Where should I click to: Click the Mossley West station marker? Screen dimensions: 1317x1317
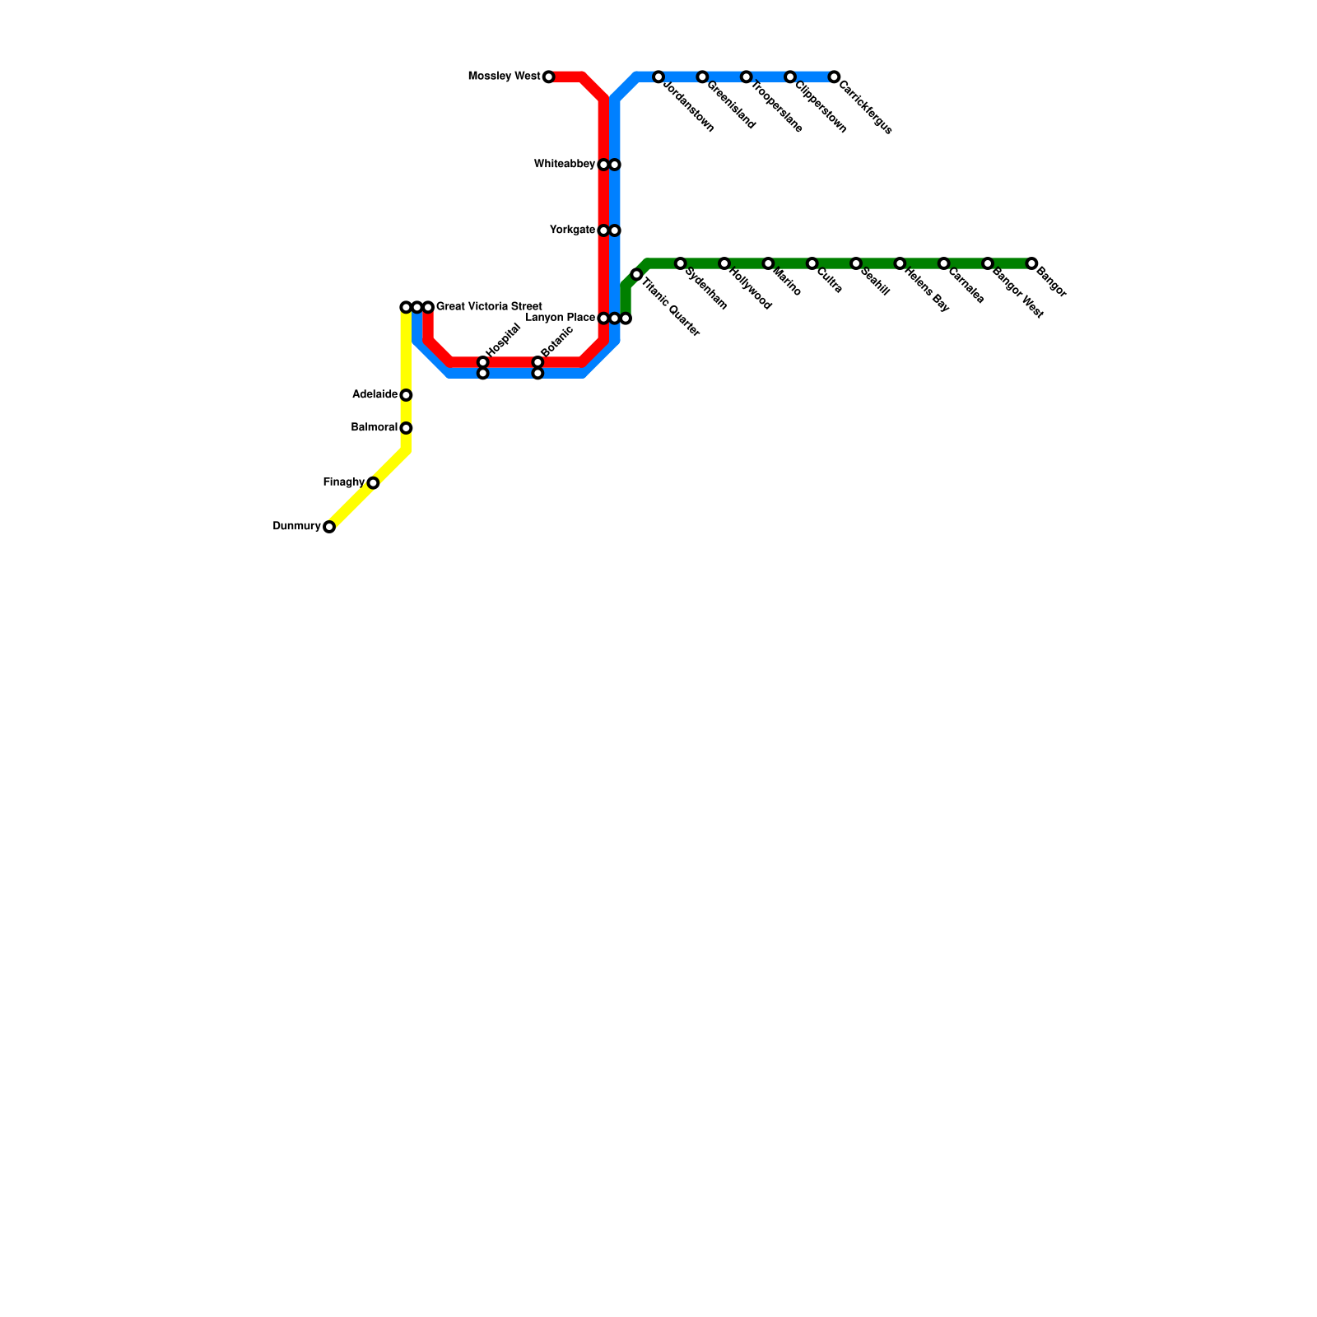pos(548,77)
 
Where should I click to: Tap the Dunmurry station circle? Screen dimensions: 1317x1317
pos(329,527)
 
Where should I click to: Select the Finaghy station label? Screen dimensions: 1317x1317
pos(343,482)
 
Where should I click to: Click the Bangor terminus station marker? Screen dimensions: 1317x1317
pos(1031,263)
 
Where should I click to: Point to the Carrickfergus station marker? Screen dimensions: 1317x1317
pos(834,77)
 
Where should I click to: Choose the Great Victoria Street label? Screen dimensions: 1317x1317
pos(488,307)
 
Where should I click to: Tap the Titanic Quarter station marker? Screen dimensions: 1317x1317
pos(636,274)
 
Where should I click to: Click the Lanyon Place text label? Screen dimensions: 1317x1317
pos(560,318)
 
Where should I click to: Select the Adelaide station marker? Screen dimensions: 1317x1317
pos(406,395)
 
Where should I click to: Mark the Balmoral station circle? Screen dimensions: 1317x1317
pos(406,428)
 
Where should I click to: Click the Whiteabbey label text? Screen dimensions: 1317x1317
pos(564,165)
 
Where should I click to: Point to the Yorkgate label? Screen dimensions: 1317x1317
pos(572,230)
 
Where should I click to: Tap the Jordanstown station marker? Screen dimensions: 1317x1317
pos(658,77)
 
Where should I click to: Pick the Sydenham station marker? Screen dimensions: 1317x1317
pos(680,263)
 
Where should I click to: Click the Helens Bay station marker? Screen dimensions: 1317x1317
pos(900,263)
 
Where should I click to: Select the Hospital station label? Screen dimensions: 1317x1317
pos(504,340)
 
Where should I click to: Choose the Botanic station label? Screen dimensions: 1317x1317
pos(556,342)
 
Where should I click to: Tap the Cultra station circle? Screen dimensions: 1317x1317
pos(812,263)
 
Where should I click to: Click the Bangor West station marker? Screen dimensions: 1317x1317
pos(988,263)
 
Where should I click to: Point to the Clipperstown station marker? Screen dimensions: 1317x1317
pos(790,77)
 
